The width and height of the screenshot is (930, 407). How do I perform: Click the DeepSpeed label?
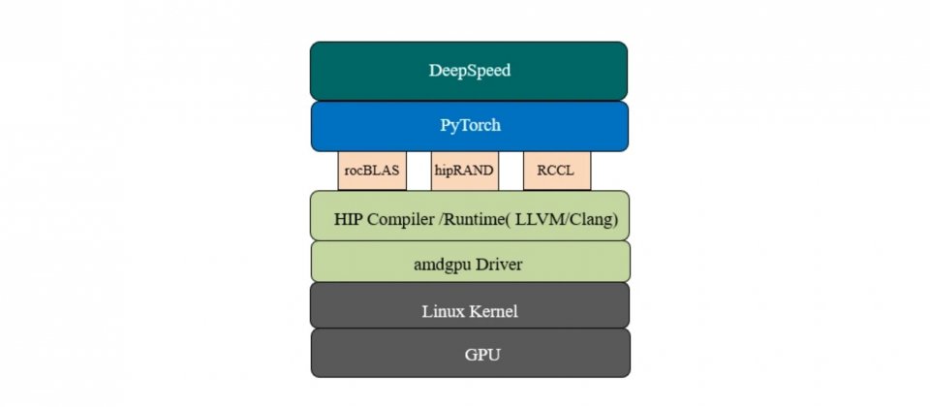(469, 71)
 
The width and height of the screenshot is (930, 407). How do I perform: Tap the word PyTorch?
(470, 126)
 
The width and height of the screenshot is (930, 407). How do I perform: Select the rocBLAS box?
(372, 171)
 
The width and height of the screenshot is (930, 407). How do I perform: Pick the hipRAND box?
(465, 171)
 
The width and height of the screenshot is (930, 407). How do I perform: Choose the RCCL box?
(557, 171)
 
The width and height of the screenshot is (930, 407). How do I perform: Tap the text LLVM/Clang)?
(567, 220)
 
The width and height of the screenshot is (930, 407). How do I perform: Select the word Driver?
(500, 264)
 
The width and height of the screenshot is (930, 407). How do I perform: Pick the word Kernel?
(493, 311)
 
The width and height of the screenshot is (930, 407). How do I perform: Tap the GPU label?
(482, 355)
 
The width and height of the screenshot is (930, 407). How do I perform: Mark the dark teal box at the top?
(469, 71)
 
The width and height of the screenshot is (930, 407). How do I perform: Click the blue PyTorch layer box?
(470, 126)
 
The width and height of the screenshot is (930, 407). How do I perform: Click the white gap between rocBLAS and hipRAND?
(418, 171)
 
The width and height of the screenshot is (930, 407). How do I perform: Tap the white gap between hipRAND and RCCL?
(511, 171)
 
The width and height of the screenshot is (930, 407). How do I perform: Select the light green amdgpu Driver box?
(471, 262)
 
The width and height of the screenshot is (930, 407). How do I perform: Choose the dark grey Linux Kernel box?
(470, 305)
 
